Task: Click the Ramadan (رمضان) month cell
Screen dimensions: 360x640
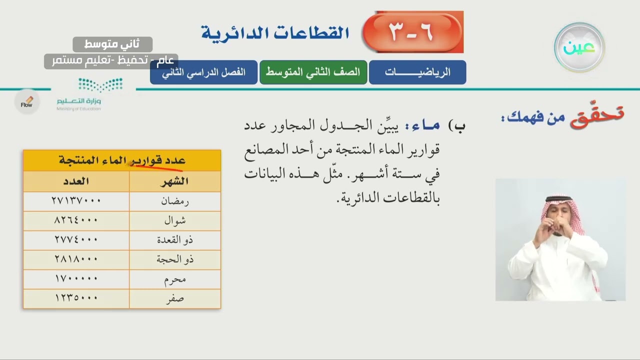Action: click(x=175, y=201)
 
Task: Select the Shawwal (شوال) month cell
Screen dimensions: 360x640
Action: click(x=175, y=220)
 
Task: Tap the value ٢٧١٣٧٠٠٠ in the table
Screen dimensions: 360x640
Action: click(x=76, y=201)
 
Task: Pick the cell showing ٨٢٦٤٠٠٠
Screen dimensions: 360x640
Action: click(x=76, y=220)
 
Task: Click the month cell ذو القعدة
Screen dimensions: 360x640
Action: click(x=175, y=240)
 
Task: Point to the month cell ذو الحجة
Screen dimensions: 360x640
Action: click(x=175, y=259)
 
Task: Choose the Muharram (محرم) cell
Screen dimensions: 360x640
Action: click(x=175, y=279)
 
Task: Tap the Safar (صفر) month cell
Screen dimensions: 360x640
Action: click(x=175, y=298)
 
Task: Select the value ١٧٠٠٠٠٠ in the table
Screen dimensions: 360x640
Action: click(x=76, y=279)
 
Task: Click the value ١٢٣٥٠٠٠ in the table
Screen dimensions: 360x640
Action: click(x=76, y=298)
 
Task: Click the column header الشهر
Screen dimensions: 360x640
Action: click(x=174, y=181)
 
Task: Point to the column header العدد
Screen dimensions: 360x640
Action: click(x=76, y=181)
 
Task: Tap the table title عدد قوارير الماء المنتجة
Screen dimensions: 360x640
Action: click(x=122, y=160)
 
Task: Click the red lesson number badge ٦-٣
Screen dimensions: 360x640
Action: click(x=412, y=32)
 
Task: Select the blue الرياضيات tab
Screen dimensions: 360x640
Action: click(x=417, y=72)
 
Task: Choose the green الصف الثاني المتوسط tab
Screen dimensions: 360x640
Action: click(x=313, y=72)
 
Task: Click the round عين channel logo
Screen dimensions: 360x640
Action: click(x=579, y=47)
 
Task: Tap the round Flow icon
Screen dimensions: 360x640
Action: click(x=26, y=102)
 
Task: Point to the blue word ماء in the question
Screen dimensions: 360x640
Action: click(x=426, y=125)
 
